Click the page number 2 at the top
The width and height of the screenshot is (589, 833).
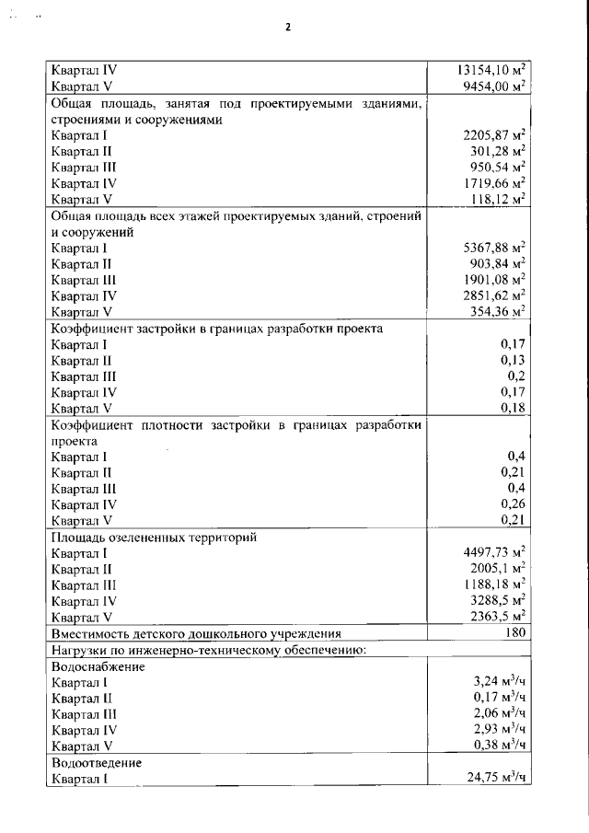click(x=287, y=27)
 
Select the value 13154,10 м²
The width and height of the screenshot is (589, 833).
click(x=491, y=69)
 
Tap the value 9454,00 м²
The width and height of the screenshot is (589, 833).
click(x=495, y=86)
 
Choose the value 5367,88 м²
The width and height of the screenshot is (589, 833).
click(x=494, y=248)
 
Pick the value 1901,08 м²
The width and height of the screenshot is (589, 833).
click(x=494, y=280)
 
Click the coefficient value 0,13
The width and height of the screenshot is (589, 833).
click(x=513, y=360)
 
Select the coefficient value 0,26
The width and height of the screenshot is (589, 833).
click(x=513, y=504)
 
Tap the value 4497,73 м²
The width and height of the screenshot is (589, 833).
click(x=494, y=553)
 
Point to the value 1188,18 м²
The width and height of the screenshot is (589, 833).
click(x=494, y=584)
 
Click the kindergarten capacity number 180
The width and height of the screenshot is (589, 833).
click(x=515, y=633)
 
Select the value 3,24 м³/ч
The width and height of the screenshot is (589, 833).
click(x=498, y=682)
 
